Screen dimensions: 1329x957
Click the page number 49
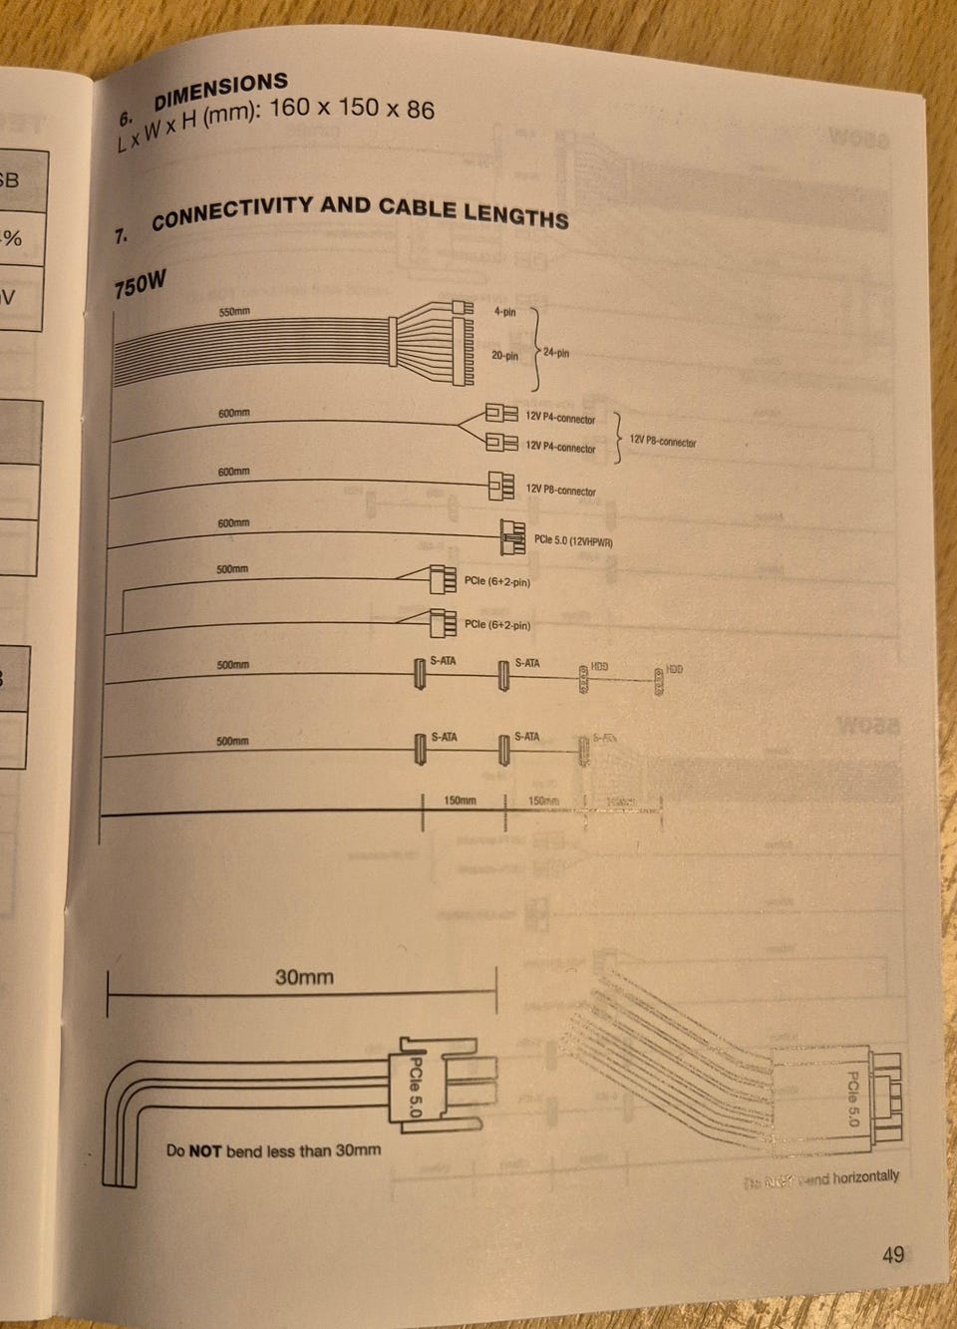(x=892, y=1253)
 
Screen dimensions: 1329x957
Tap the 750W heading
(x=140, y=286)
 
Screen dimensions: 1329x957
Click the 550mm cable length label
(x=234, y=312)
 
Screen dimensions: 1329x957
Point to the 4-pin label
(x=504, y=312)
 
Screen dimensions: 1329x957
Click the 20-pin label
(x=504, y=355)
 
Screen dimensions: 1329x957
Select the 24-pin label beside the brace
(x=555, y=353)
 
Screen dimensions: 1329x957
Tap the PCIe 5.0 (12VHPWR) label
(x=573, y=541)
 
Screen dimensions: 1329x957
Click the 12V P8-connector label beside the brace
(x=663, y=442)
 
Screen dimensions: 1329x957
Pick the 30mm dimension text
(x=304, y=977)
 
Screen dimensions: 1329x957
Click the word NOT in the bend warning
(x=204, y=1151)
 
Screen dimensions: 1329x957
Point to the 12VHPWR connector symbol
(x=512, y=538)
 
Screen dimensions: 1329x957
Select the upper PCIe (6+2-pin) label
(x=496, y=581)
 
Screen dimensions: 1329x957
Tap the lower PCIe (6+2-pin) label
(x=496, y=625)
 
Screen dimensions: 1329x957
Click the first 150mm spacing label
(x=460, y=800)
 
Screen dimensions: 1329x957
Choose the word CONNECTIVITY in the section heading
(x=231, y=212)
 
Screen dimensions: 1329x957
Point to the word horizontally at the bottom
(x=865, y=1176)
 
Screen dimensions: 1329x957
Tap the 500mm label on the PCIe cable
(x=232, y=569)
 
